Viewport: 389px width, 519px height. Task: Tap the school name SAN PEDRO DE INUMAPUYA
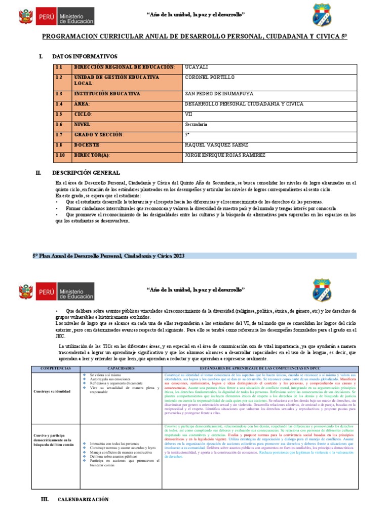219,94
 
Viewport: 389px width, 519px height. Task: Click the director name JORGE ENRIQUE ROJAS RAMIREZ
225,155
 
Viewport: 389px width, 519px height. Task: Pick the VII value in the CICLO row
189,114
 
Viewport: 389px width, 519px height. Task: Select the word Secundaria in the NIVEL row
196,124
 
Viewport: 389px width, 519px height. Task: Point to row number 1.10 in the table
60,155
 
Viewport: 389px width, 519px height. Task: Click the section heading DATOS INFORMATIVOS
85,56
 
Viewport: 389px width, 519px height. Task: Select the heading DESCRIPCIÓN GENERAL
86,173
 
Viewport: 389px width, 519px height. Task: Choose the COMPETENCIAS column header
52,368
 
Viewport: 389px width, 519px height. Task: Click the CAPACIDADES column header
120,368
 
